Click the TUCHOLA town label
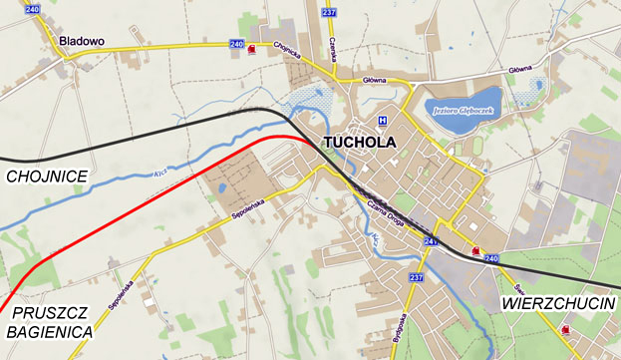pyautogui.click(x=359, y=143)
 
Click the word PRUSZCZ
pyautogui.click(x=51, y=312)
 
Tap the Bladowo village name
pyautogui.click(x=82, y=41)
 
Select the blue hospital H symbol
pyautogui.click(x=382, y=121)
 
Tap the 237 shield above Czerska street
pyautogui.click(x=331, y=12)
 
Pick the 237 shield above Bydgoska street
pyautogui.click(x=416, y=277)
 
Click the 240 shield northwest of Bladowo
pyautogui.click(x=34, y=9)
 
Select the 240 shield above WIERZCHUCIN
pyautogui.click(x=490, y=259)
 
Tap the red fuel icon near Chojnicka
pyautogui.click(x=251, y=49)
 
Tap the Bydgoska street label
pyautogui.click(x=403, y=329)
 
